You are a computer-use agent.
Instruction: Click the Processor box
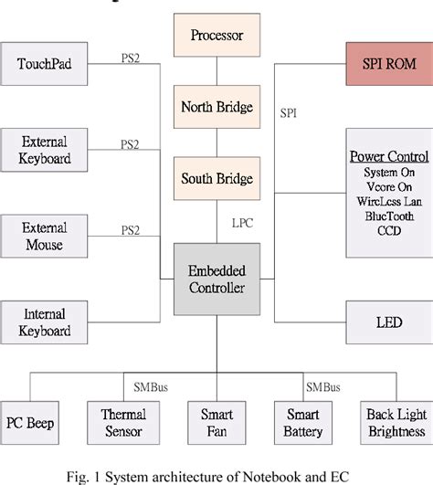pos(216,37)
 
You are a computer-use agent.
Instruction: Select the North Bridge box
pos(216,106)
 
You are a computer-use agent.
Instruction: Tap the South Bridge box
pos(216,177)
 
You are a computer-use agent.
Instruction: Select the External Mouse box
pos(45,236)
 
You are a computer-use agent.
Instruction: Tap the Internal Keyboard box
pos(45,322)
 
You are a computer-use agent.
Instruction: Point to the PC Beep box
pos(29,422)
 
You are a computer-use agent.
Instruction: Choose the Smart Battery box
pos(303,422)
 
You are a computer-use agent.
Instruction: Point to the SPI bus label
pos(289,114)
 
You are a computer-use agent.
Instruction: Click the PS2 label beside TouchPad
pos(132,58)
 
